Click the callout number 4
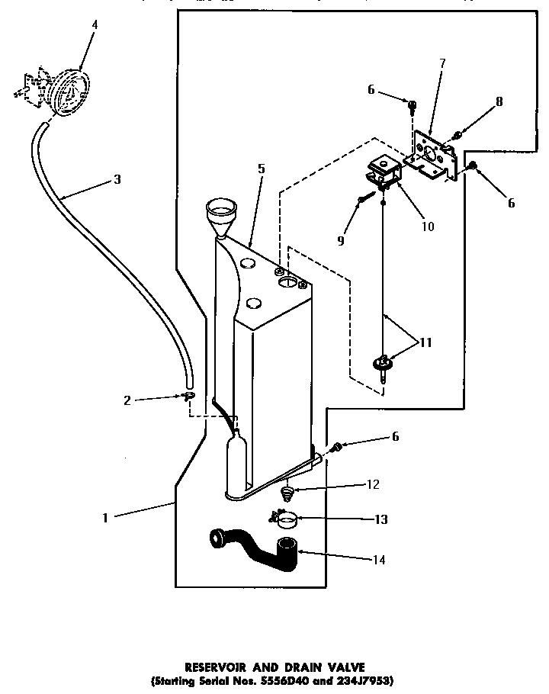95,25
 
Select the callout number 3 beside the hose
117,180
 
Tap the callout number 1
106,518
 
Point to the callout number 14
378,560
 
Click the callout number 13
380,519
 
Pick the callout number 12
372,484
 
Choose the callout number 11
425,342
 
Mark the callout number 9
342,241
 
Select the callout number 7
442,63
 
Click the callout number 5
261,169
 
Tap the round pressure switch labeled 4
66,92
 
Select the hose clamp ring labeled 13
287,522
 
